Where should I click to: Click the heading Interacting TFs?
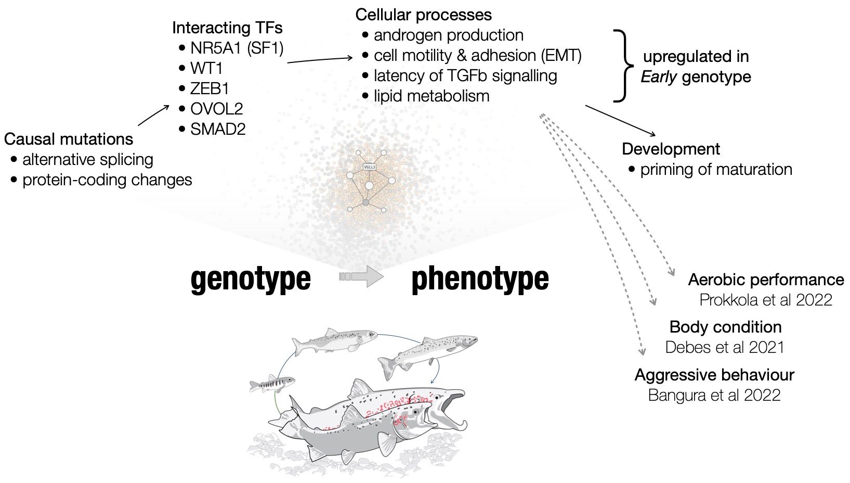pyautogui.click(x=227, y=28)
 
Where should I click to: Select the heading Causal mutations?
pyautogui.click(x=69, y=139)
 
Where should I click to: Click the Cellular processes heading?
pyautogui.click(x=424, y=15)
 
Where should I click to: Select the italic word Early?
pyautogui.click(x=659, y=77)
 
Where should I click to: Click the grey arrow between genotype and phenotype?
pyautogui.click(x=361, y=277)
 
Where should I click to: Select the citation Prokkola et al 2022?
pyautogui.click(x=766, y=300)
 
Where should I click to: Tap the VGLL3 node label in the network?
pyautogui.click(x=370, y=167)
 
